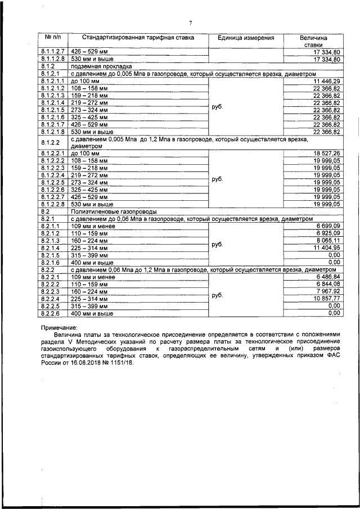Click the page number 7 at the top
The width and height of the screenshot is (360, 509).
190,23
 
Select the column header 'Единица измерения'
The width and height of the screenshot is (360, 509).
246,38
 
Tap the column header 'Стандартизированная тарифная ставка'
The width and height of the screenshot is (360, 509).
138,38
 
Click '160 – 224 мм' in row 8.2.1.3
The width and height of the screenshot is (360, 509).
90,240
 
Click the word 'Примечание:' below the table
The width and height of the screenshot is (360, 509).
60,327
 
